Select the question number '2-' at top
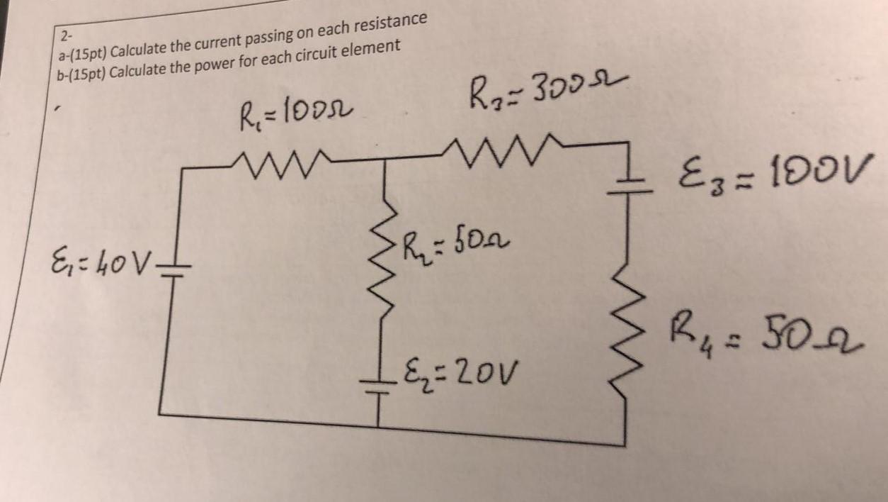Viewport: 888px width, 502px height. click(x=66, y=36)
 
